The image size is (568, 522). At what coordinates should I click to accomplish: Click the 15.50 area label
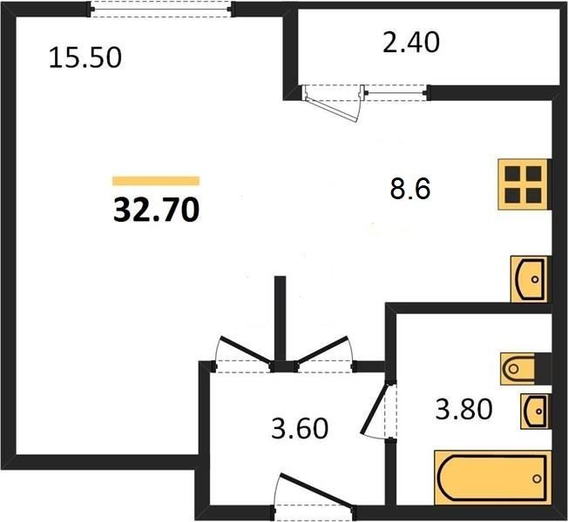pyautogui.click(x=85, y=58)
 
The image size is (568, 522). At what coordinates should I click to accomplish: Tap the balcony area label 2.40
pyautogui.click(x=411, y=43)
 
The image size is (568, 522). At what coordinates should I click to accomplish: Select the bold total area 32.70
pyautogui.click(x=156, y=211)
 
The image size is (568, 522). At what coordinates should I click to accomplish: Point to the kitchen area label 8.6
pyautogui.click(x=410, y=189)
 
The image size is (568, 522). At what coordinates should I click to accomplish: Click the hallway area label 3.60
pyautogui.click(x=300, y=428)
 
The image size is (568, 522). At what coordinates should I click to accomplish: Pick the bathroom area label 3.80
pyautogui.click(x=463, y=409)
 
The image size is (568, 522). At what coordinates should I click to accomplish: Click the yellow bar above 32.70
pyautogui.click(x=156, y=180)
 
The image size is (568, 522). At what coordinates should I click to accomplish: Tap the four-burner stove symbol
pyautogui.click(x=523, y=184)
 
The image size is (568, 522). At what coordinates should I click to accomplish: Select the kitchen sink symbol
pyautogui.click(x=530, y=279)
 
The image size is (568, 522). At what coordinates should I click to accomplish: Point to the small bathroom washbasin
pyautogui.click(x=534, y=412)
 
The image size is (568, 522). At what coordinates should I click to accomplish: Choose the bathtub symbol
pyautogui.click(x=492, y=478)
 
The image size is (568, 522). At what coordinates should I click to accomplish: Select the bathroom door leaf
pyautogui.click(x=375, y=409)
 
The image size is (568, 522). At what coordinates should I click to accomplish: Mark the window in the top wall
pyautogui.click(x=161, y=9)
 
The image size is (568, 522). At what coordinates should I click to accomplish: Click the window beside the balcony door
pyautogui.click(x=396, y=93)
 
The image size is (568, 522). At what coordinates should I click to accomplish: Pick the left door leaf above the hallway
pyautogui.click(x=246, y=349)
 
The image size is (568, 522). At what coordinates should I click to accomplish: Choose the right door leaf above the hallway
pyautogui.click(x=322, y=349)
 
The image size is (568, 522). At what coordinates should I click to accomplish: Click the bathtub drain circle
pyautogui.click(x=537, y=478)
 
